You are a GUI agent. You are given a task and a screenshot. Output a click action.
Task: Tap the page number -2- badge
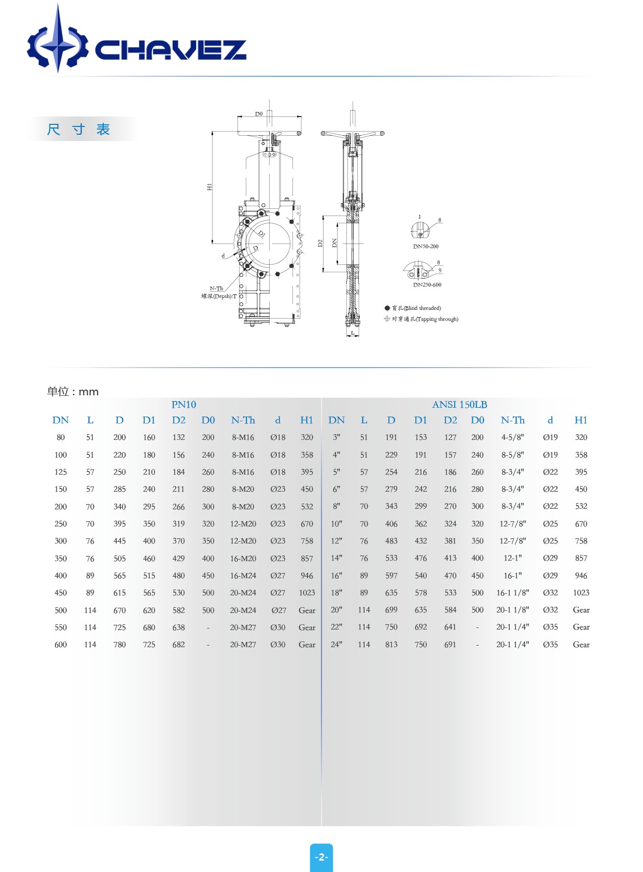click(x=321, y=857)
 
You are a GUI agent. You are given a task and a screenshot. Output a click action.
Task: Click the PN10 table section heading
click(x=184, y=405)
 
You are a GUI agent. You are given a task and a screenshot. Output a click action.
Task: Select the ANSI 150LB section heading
click(x=459, y=405)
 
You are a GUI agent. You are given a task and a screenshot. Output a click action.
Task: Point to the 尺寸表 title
click(x=79, y=129)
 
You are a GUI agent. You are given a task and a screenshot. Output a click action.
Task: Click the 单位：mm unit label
click(x=73, y=392)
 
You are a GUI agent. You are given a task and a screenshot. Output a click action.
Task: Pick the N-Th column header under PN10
click(x=243, y=420)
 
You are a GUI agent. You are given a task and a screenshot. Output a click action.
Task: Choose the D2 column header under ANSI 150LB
click(x=450, y=420)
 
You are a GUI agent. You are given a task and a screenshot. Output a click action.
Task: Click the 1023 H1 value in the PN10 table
click(x=306, y=593)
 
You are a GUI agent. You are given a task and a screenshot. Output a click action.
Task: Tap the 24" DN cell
click(x=337, y=645)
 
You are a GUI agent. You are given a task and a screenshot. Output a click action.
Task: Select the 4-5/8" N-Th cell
click(x=512, y=437)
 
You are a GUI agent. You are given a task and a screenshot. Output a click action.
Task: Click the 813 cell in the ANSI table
click(x=391, y=645)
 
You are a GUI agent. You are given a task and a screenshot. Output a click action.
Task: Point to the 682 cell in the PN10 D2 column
click(x=178, y=645)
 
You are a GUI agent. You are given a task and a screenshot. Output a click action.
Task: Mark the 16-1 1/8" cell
click(x=512, y=593)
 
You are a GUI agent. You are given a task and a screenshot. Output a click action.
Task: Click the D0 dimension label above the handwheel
click(x=259, y=114)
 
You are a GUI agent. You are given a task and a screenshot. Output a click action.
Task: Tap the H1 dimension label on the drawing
click(x=209, y=187)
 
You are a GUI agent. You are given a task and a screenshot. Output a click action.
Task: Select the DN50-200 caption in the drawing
click(x=426, y=247)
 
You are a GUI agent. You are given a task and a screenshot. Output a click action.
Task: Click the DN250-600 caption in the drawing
click(x=427, y=285)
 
